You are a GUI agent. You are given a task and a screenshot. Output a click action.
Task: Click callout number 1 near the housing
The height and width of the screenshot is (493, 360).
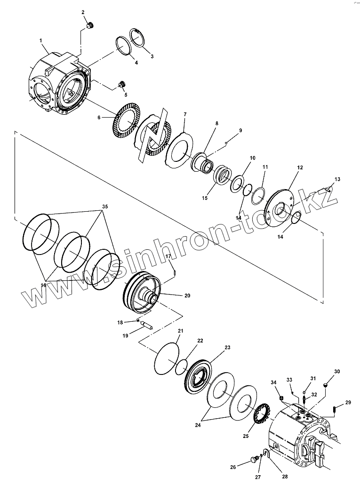point(41,41)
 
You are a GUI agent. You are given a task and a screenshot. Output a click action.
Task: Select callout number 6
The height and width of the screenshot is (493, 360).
point(99,118)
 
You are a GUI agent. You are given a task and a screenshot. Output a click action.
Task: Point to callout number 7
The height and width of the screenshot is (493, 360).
point(185,114)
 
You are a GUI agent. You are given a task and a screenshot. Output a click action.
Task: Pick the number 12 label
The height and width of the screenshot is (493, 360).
point(300,167)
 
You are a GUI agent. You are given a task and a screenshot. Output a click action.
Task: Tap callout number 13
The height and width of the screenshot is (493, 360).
point(337,179)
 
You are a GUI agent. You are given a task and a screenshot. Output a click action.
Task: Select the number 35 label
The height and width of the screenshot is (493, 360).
point(104,207)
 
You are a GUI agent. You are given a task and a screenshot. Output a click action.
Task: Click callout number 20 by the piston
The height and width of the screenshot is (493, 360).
point(187,296)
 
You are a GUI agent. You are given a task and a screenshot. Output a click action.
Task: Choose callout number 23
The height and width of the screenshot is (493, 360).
point(227,348)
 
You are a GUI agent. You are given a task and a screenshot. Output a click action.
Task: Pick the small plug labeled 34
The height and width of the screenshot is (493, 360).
point(282,399)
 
